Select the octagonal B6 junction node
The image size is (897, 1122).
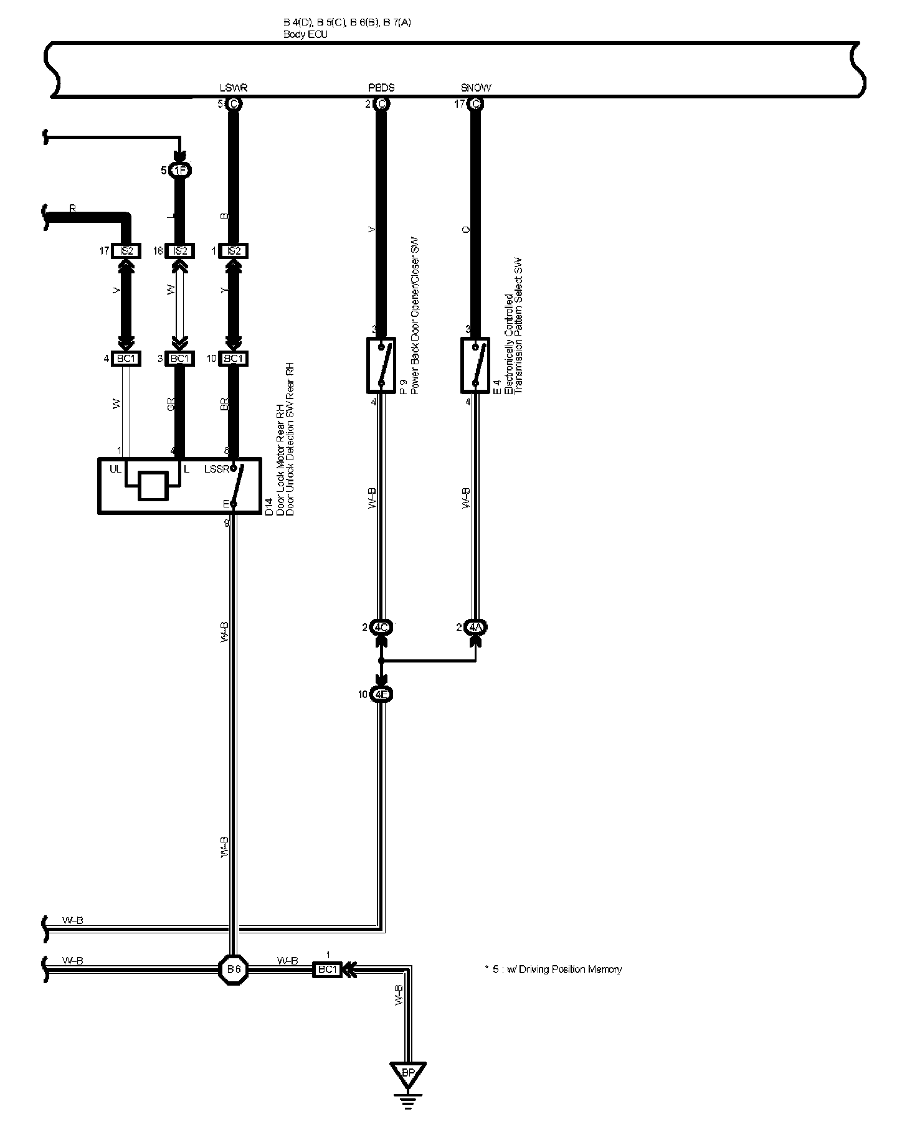[234, 969]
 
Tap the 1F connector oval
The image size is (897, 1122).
[179, 170]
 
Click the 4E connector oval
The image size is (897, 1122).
[381, 695]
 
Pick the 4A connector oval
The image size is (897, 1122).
[476, 628]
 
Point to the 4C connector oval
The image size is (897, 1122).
[381, 628]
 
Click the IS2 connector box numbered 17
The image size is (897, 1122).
[126, 251]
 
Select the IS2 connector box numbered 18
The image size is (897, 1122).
[180, 251]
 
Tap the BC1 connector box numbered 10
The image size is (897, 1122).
[234, 359]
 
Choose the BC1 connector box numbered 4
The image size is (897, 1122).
[126, 359]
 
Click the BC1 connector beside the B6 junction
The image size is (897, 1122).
[327, 969]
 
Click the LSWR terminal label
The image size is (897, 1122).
[234, 88]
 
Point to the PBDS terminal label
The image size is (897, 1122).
[381, 88]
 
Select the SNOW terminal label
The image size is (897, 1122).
[476, 88]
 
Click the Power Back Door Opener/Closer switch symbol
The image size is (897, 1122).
[381, 365]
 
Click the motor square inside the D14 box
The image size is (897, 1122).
[153, 486]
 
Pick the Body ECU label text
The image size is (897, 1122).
[305, 35]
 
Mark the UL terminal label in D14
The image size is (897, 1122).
[115, 469]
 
